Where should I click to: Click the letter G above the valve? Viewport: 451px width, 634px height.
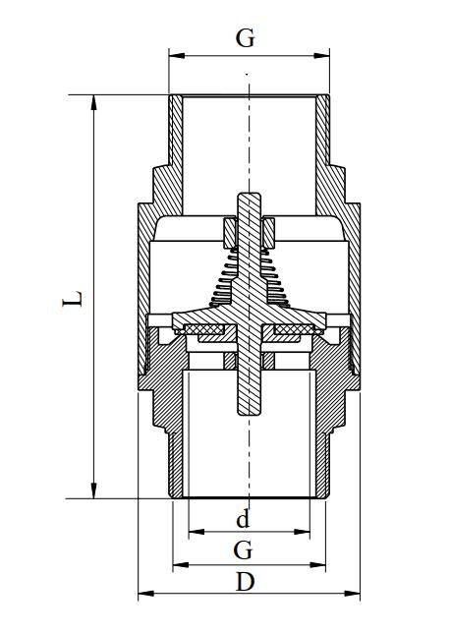[x=246, y=38]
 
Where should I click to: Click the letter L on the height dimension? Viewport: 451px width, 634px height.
[x=73, y=296]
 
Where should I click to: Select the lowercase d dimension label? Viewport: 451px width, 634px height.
[x=245, y=518]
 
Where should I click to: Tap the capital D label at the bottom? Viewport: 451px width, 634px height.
[x=246, y=581]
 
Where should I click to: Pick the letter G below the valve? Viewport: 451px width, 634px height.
[x=245, y=548]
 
